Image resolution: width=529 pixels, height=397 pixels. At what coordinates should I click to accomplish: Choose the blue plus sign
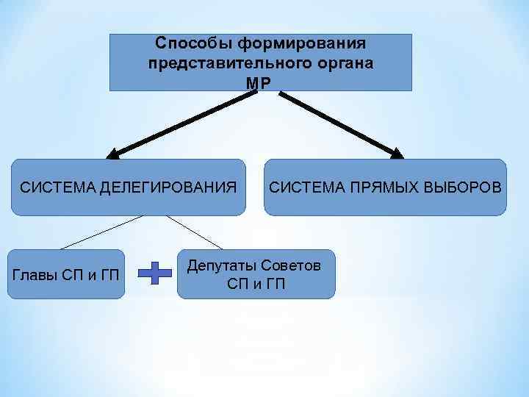point(155,273)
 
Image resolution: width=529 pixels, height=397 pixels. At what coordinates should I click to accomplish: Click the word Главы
point(34,276)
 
